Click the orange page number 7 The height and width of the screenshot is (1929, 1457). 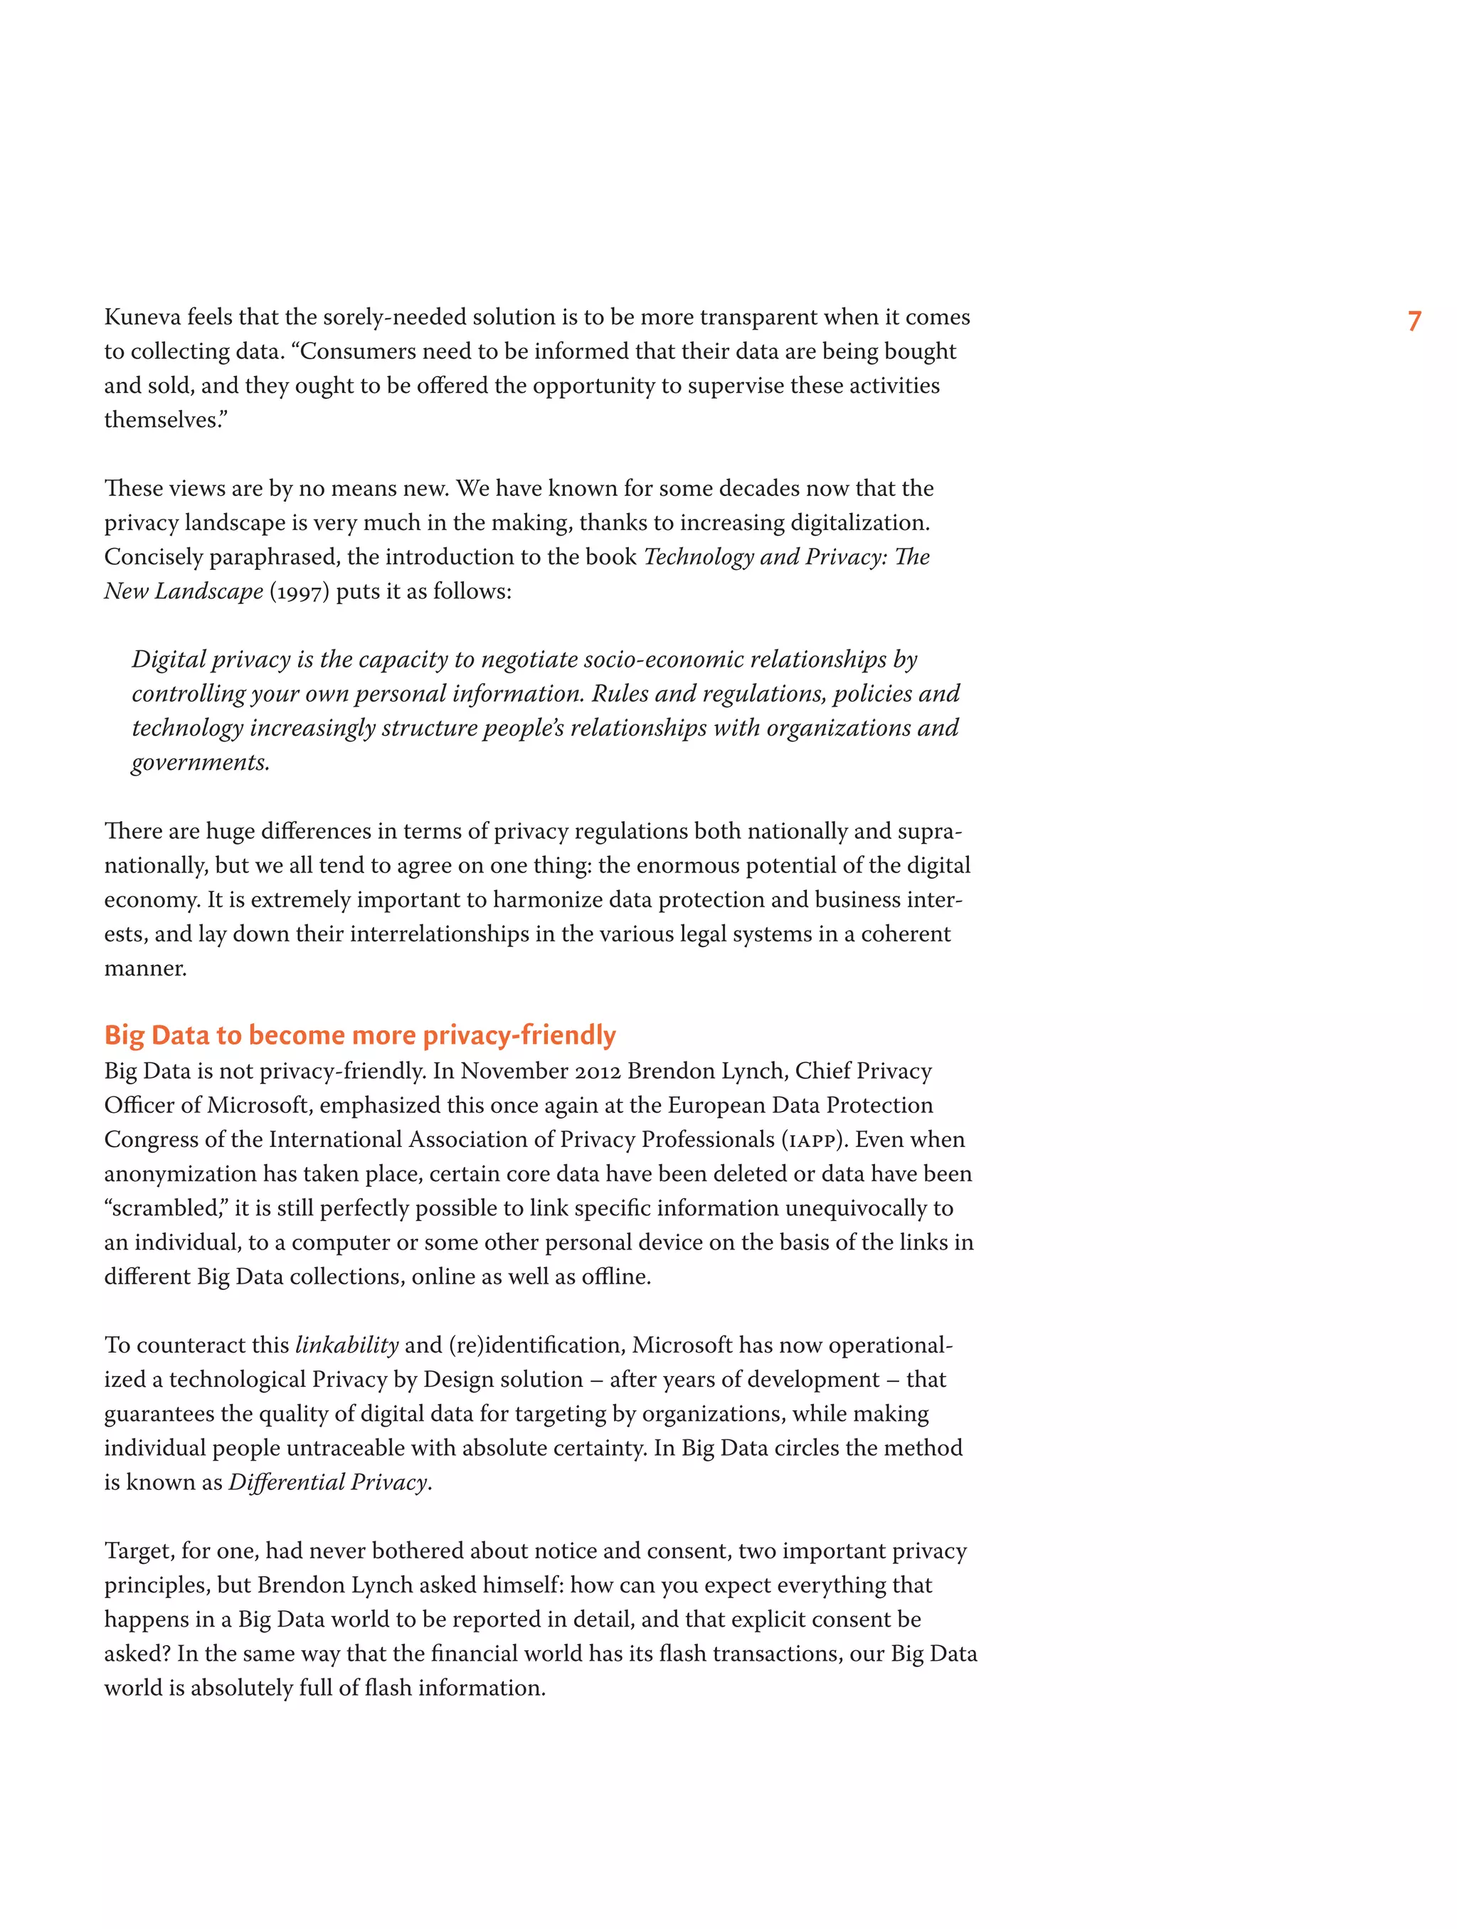click(1414, 321)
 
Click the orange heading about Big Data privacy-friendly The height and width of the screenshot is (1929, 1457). click(359, 1035)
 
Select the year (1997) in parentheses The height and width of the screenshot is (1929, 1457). click(299, 592)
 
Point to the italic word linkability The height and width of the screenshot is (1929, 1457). click(346, 1346)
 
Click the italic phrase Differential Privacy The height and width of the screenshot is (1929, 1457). click(328, 1482)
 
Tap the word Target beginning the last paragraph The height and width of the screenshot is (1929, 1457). click(136, 1551)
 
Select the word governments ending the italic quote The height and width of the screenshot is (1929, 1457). click(200, 763)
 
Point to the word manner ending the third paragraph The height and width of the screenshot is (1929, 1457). click(144, 969)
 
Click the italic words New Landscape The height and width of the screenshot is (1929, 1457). click(183, 592)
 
